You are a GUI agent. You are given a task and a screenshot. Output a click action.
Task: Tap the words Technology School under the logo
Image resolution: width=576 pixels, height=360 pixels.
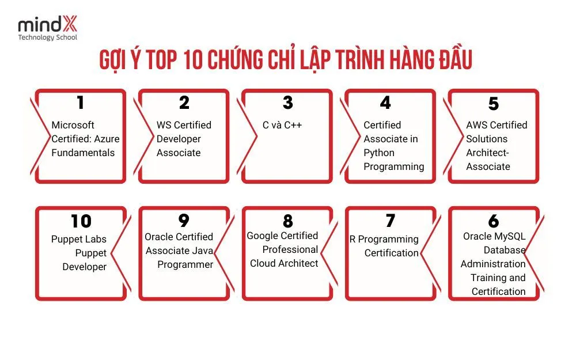pyautogui.click(x=47, y=37)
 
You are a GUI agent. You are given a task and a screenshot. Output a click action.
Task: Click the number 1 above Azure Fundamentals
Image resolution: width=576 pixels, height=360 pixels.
pyautogui.click(x=80, y=103)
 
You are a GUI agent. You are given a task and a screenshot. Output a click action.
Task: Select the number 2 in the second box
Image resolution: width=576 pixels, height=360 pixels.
pyautogui.click(x=184, y=103)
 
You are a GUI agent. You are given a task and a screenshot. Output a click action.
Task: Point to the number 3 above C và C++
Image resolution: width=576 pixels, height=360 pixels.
pyautogui.click(x=288, y=103)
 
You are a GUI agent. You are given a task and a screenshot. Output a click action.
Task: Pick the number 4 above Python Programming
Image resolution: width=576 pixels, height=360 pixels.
pyautogui.click(x=386, y=103)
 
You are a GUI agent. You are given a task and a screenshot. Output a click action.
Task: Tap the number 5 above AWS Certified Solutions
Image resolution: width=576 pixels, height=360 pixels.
pyautogui.click(x=494, y=104)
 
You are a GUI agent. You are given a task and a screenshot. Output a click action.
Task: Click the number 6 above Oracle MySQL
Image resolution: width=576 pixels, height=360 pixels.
pyautogui.click(x=494, y=221)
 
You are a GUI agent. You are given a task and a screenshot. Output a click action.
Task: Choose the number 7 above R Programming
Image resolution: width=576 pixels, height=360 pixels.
pyautogui.click(x=391, y=221)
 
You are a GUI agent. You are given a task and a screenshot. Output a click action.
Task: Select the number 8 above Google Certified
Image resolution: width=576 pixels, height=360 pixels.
pyautogui.click(x=288, y=221)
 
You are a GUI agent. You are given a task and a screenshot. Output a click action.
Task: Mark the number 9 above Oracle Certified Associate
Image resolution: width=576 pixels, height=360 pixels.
pyautogui.click(x=184, y=221)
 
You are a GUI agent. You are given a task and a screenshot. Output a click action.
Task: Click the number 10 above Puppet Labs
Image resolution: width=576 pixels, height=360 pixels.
pyautogui.click(x=81, y=221)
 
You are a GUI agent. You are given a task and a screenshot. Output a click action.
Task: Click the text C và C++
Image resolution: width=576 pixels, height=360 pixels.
pyautogui.click(x=282, y=125)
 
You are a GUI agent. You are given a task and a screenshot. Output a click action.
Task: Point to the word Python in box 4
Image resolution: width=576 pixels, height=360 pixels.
pyautogui.click(x=378, y=153)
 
